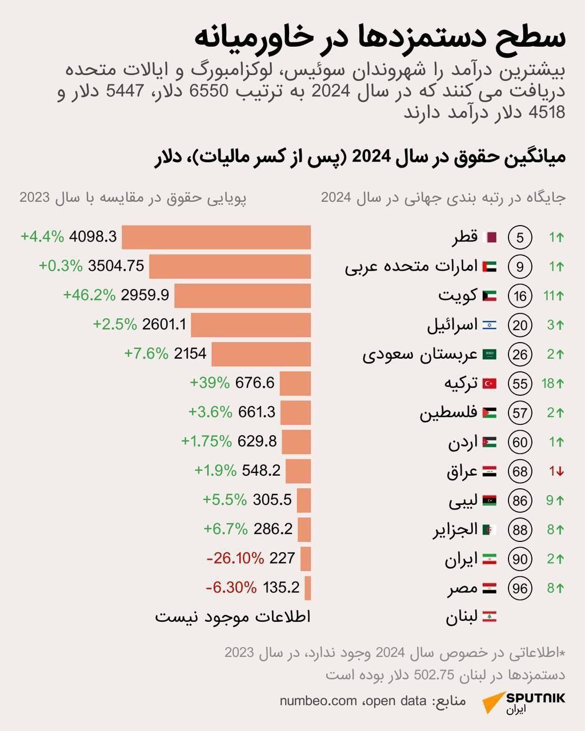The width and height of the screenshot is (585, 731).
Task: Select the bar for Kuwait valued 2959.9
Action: point(242,296)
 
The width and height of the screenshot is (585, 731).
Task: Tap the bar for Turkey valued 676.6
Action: point(295,383)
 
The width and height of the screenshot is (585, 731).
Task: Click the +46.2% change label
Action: point(89,295)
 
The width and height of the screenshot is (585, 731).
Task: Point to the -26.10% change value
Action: point(235,558)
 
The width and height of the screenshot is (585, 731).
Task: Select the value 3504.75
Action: point(117,266)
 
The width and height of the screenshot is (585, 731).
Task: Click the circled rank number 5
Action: point(520,238)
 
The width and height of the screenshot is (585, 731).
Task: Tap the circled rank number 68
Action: point(520,472)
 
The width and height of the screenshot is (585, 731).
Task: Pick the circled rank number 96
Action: point(520,588)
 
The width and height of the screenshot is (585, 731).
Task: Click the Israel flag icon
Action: point(490,326)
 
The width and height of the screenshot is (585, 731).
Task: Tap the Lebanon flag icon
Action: point(490,617)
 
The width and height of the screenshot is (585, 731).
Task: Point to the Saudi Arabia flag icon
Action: point(490,355)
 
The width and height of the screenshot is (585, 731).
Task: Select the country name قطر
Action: point(465,237)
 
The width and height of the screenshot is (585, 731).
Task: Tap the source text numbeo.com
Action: point(318,701)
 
